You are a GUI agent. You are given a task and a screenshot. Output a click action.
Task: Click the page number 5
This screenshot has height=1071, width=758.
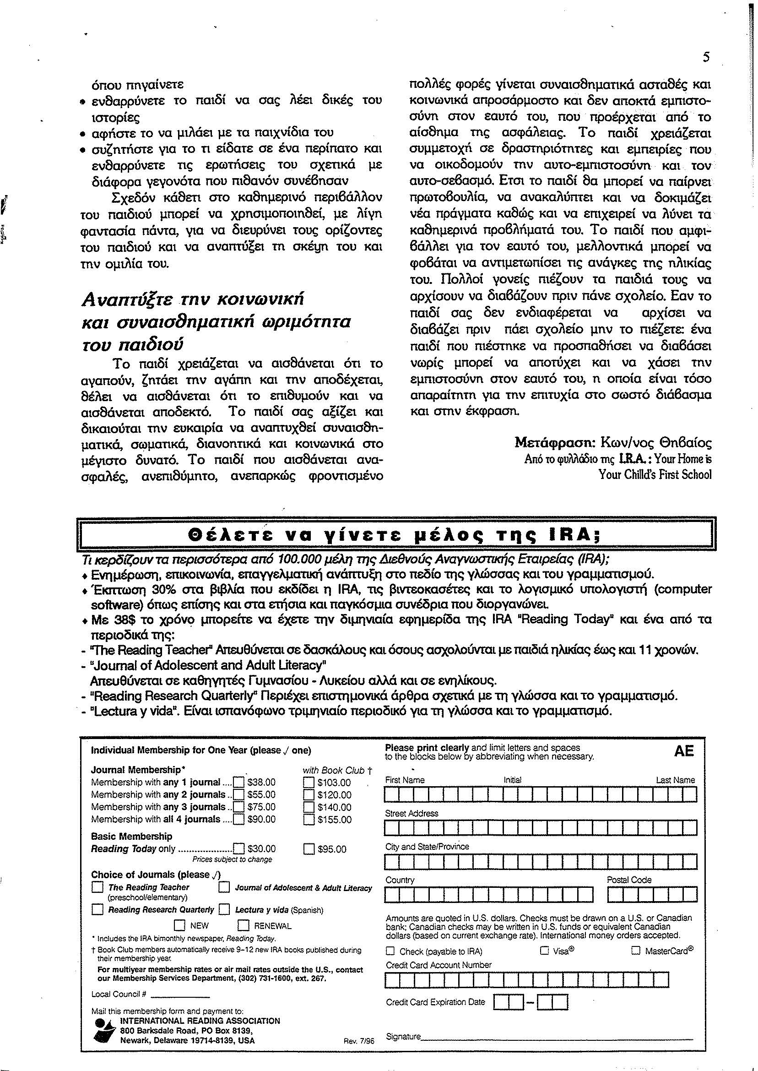pyautogui.click(x=706, y=57)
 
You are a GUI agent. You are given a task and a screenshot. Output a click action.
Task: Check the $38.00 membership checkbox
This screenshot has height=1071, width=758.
pyautogui.click(x=238, y=783)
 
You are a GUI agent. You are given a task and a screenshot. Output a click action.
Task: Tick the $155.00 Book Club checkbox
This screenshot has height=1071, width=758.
pyautogui.click(x=309, y=819)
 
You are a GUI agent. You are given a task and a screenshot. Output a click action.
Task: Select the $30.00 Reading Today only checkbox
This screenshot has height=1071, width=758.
pyautogui.click(x=238, y=849)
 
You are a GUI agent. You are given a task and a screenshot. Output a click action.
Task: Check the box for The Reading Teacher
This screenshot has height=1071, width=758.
pyautogui.click(x=97, y=887)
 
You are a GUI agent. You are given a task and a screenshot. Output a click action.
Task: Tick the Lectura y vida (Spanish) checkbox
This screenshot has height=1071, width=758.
pyautogui.click(x=224, y=909)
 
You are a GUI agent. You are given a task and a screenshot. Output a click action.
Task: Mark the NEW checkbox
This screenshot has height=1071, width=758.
pyautogui.click(x=180, y=925)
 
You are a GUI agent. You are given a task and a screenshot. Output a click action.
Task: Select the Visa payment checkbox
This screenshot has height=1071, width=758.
pyautogui.click(x=544, y=951)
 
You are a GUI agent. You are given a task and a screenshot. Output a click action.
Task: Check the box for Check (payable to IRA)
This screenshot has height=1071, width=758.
pyautogui.click(x=390, y=951)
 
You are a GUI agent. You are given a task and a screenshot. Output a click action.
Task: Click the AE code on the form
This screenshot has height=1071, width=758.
pyautogui.click(x=684, y=751)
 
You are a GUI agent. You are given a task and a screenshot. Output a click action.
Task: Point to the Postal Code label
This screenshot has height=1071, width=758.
pyautogui.click(x=629, y=880)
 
